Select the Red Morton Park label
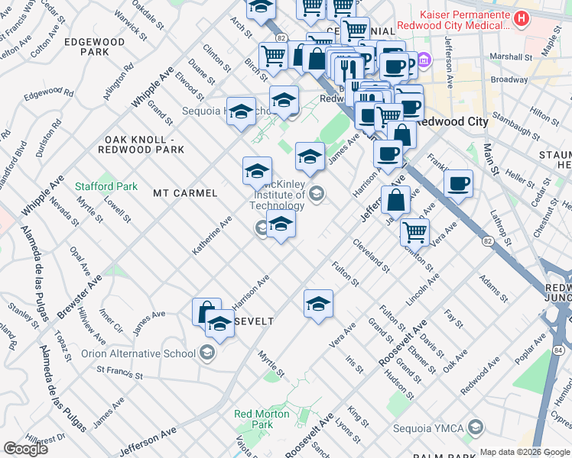(262, 419)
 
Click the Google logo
(25, 449)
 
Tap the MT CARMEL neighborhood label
(185, 193)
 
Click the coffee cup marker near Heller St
(458, 183)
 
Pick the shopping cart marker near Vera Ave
(414, 231)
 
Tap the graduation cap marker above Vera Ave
(318, 304)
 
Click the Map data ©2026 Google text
(525, 452)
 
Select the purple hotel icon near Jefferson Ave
(424, 60)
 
